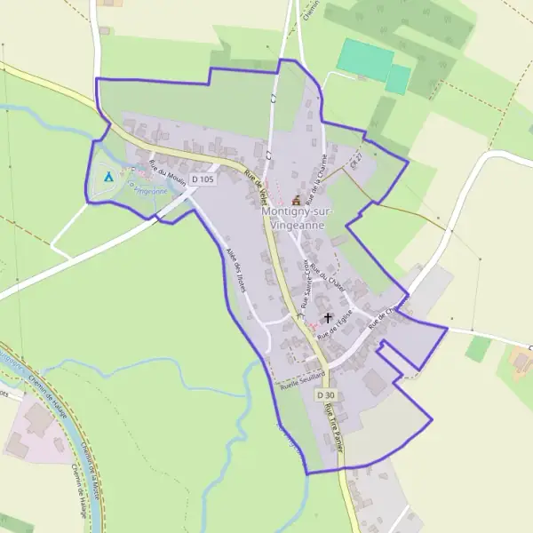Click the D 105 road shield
coord(203,179)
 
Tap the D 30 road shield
coord(326,394)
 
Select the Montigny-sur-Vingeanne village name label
coord(293,219)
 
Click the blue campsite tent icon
coord(108,176)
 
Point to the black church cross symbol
coord(328,316)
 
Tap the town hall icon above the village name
coord(296,201)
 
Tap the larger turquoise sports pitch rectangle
coord(365,59)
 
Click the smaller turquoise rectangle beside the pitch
coord(398,78)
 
